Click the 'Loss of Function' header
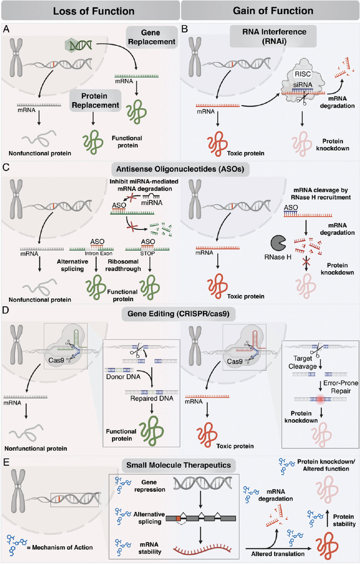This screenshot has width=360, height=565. pyautogui.click(x=90, y=10)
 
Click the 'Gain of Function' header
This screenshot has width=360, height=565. pyautogui.click(x=270, y=10)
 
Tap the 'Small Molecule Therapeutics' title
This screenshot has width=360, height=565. pyautogui.click(x=180, y=465)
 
